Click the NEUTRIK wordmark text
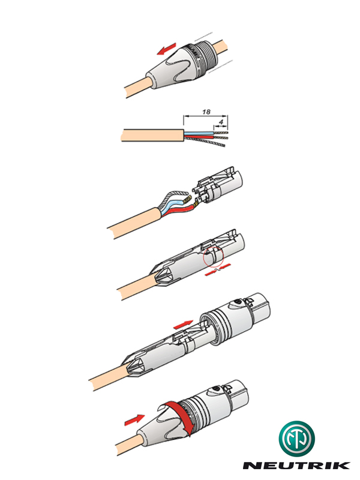(x=296, y=465)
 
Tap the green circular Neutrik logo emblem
(x=296, y=438)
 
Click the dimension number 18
(x=206, y=112)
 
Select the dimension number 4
(x=221, y=122)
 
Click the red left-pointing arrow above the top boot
(x=167, y=49)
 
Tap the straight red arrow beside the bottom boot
(x=134, y=419)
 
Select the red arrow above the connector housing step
(x=183, y=325)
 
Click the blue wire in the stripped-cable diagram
(x=199, y=133)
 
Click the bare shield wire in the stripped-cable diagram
(x=205, y=142)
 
